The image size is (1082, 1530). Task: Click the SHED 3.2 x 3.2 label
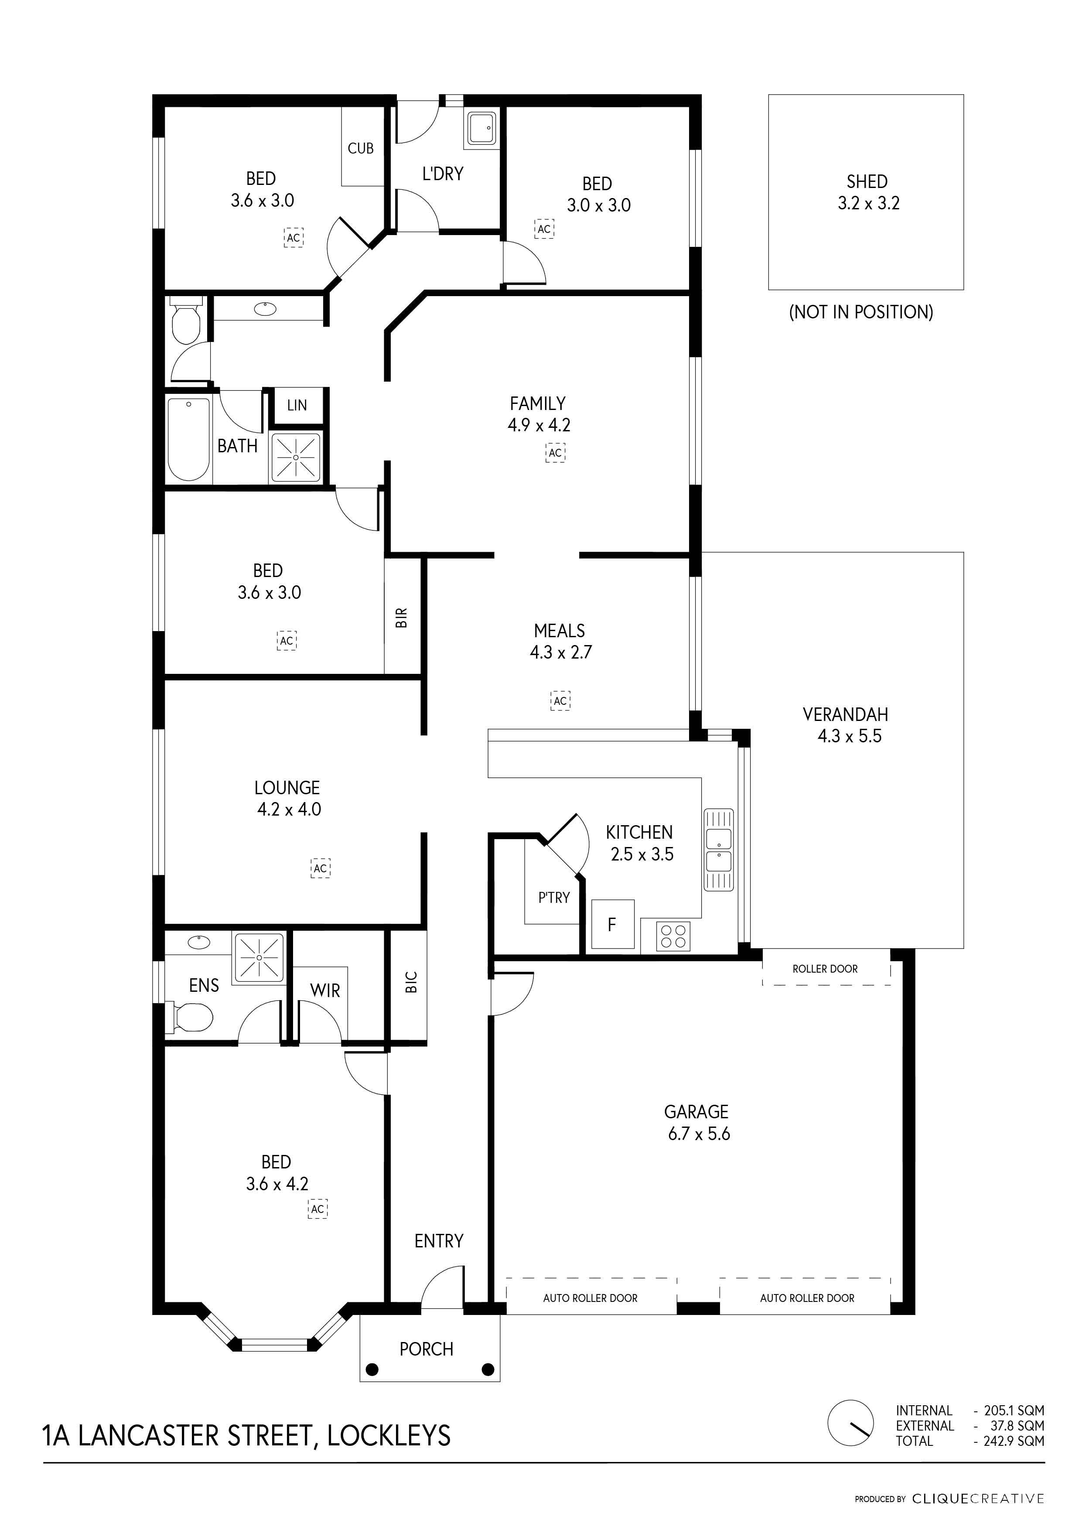tap(868, 193)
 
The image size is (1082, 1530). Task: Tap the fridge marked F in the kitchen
tap(612, 924)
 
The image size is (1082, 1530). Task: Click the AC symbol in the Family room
tap(556, 453)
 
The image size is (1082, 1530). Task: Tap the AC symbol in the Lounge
tap(321, 868)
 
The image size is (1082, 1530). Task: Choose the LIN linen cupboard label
tap(297, 405)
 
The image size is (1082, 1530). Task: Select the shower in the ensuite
tap(259, 958)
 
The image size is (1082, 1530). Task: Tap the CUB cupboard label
tap(360, 149)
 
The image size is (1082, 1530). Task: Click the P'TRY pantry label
tap(554, 898)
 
